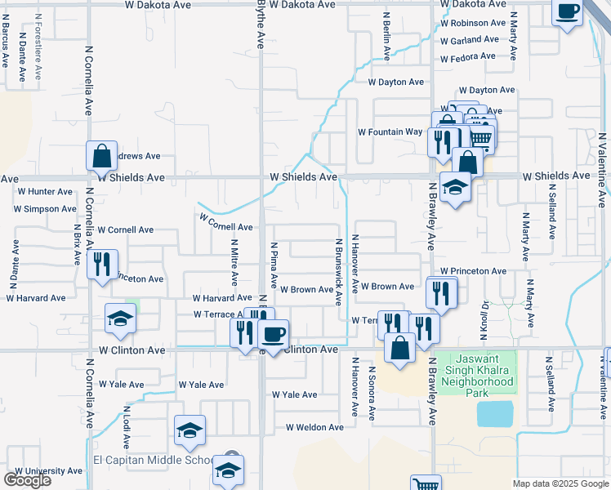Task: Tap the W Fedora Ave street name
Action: (x=468, y=57)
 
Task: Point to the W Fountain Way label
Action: (x=390, y=132)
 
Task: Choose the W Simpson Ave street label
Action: (x=45, y=209)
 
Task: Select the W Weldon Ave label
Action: (x=314, y=427)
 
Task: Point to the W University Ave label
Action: (x=48, y=471)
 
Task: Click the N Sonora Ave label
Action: (x=372, y=394)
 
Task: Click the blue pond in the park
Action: (x=495, y=414)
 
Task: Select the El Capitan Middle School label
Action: (x=153, y=460)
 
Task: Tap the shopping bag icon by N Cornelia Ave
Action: (x=101, y=155)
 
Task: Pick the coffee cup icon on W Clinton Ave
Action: (x=273, y=333)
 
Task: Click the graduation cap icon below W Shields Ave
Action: (x=455, y=187)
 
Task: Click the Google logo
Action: (x=27, y=480)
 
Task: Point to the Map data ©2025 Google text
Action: (x=560, y=483)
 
